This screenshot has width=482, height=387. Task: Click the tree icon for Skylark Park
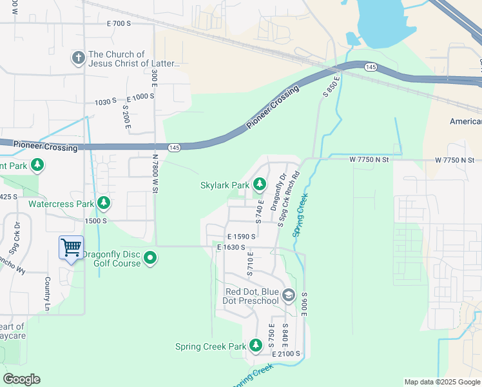point(260,185)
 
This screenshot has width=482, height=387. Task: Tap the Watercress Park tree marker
point(103,204)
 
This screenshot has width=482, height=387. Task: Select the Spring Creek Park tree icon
point(255,346)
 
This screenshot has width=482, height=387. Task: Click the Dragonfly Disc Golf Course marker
point(150,259)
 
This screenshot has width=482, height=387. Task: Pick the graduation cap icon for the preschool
point(289,295)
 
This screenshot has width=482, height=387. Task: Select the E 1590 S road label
point(241,237)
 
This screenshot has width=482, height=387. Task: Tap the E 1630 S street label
point(232,247)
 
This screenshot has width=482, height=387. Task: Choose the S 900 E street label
point(302,303)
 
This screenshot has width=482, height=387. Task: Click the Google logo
point(22,379)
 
